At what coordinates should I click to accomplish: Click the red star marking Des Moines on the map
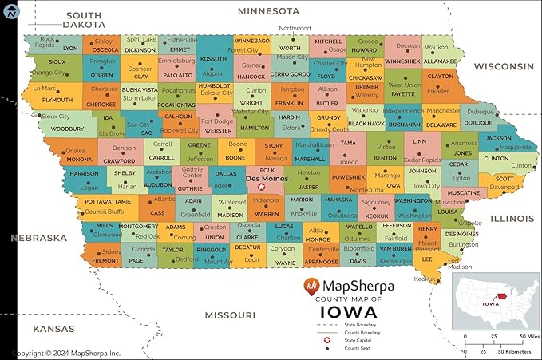coord(260,187)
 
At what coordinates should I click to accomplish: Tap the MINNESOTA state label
coord(268,11)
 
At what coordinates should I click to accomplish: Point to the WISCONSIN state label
coord(502,66)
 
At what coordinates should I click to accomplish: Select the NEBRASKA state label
coord(38,238)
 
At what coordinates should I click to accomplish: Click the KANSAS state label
coord(53,328)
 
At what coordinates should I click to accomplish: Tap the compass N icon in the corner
coord(10,9)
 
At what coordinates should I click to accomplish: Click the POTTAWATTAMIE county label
coord(108,202)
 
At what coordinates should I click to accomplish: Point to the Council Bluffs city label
coord(105,212)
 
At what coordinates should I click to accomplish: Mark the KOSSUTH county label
coord(213,59)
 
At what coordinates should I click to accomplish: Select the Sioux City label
coord(55,116)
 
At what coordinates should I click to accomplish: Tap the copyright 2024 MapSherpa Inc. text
coord(61,352)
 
